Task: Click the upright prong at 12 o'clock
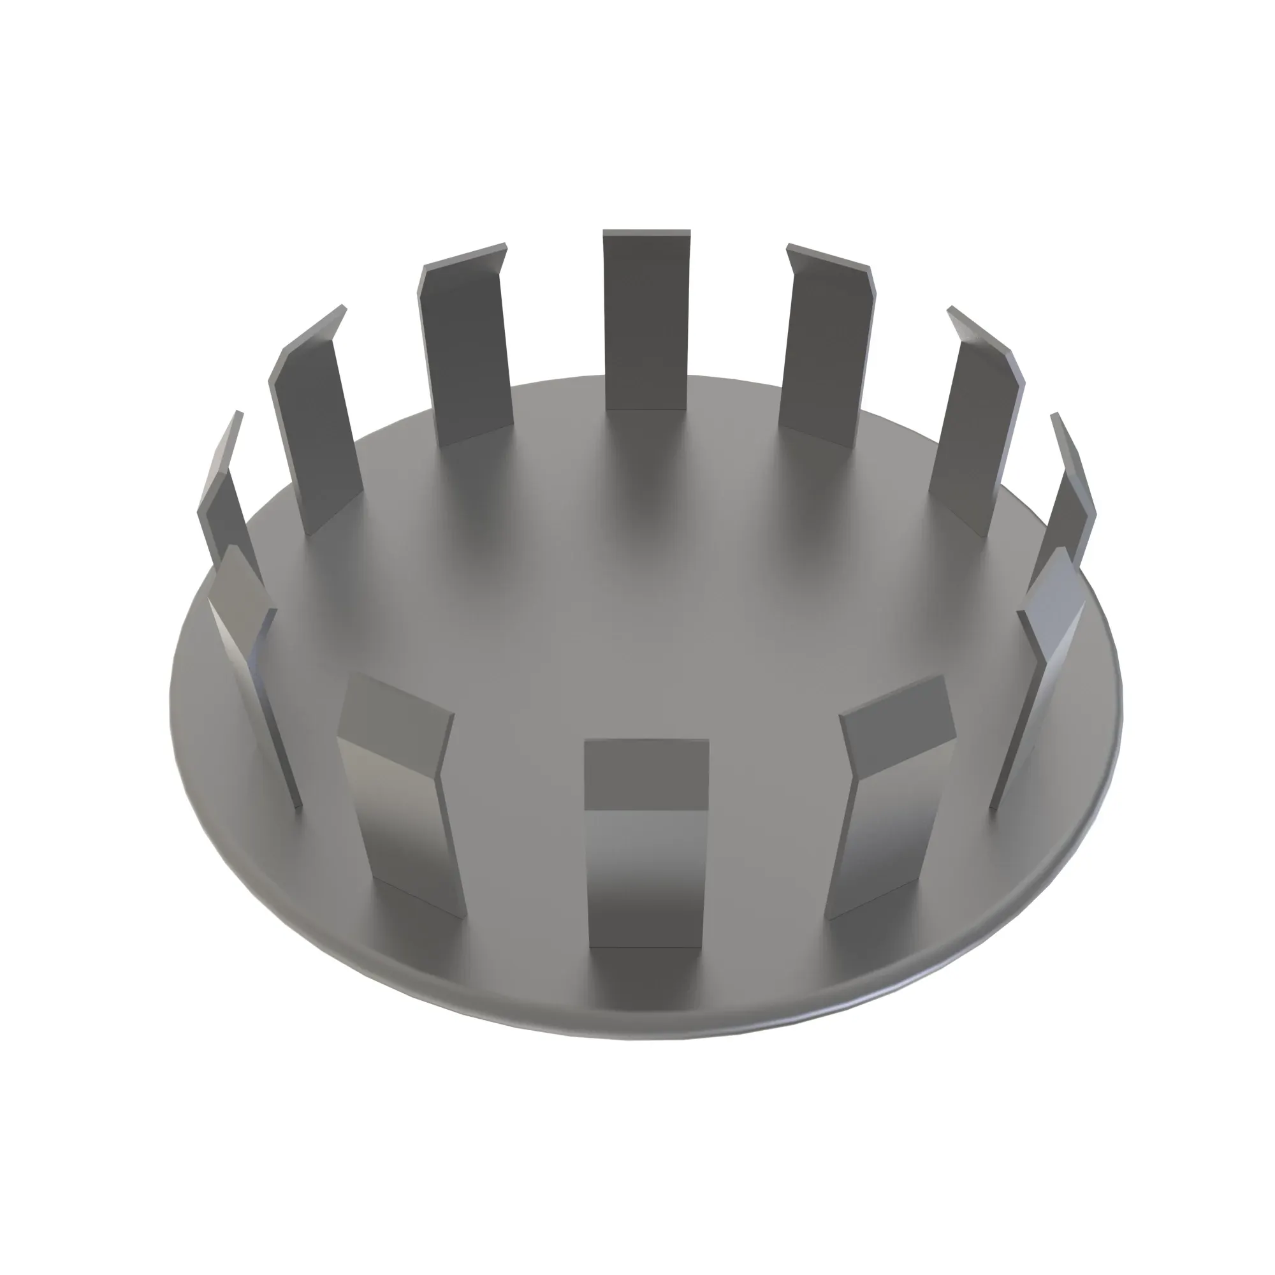point(646,320)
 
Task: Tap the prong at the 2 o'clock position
point(977,429)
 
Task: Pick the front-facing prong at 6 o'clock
point(645,878)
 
